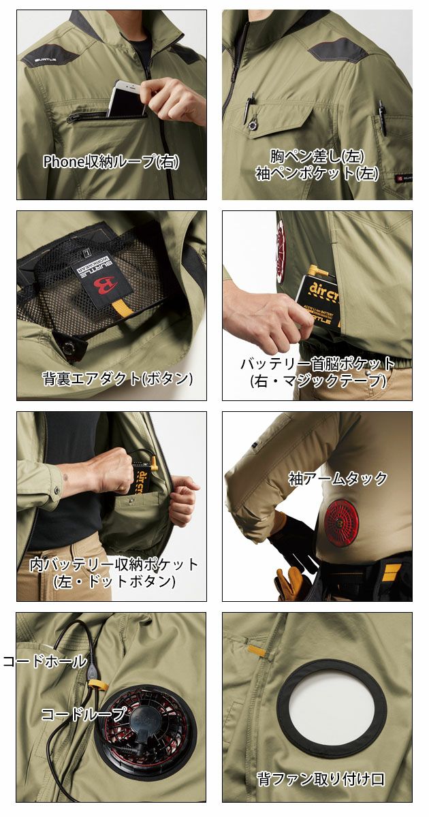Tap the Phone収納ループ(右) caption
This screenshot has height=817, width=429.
pyautogui.click(x=111, y=161)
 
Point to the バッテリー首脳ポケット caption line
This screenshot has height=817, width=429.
pyautogui.click(x=317, y=363)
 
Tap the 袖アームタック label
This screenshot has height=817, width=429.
pyautogui.click(x=338, y=478)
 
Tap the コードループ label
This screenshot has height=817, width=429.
pyautogui.click(x=83, y=714)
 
